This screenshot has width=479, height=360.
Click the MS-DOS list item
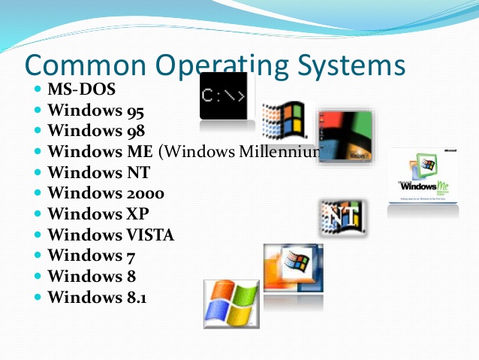click(x=82, y=90)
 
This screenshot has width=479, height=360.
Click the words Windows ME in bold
click(x=100, y=152)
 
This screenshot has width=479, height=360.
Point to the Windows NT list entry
click(x=93, y=172)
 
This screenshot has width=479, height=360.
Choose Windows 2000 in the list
click(x=106, y=193)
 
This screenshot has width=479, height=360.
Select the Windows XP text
click(x=93, y=214)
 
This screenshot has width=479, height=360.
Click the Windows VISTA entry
click(x=110, y=235)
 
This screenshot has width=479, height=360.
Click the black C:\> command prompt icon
click(x=223, y=96)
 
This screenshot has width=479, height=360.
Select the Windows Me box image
click(x=423, y=174)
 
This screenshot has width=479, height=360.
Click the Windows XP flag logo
click(x=230, y=301)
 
